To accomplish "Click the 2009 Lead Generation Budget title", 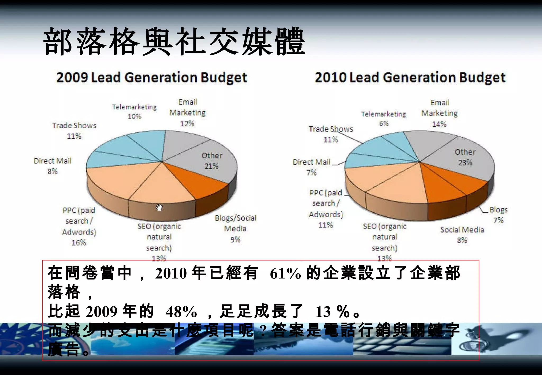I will coord(152,77).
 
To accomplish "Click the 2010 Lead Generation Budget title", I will coord(410,77).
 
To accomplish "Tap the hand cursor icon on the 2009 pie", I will coord(159,207).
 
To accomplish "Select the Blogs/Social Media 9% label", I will coord(235,228).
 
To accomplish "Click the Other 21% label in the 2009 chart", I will coord(212,161).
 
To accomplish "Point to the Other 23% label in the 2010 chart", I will coord(465,157).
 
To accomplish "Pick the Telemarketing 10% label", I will coord(134,111).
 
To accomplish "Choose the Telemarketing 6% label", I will coord(383,118).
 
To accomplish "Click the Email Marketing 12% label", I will coord(187,113).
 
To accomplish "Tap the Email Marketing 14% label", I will coord(439,113).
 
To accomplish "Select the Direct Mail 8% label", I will coord(52,166).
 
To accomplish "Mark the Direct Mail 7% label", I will coord(311,167).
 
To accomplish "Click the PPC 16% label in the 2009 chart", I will coord(79,226).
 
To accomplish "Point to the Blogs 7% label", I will coord(498,215).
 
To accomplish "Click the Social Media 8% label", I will coord(462,235).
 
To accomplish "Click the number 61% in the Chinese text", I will coord(285,273).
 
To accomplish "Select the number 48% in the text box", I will coord(181,312).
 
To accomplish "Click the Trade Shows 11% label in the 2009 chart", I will coord(74,130).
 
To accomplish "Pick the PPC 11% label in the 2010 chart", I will coord(326,209).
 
